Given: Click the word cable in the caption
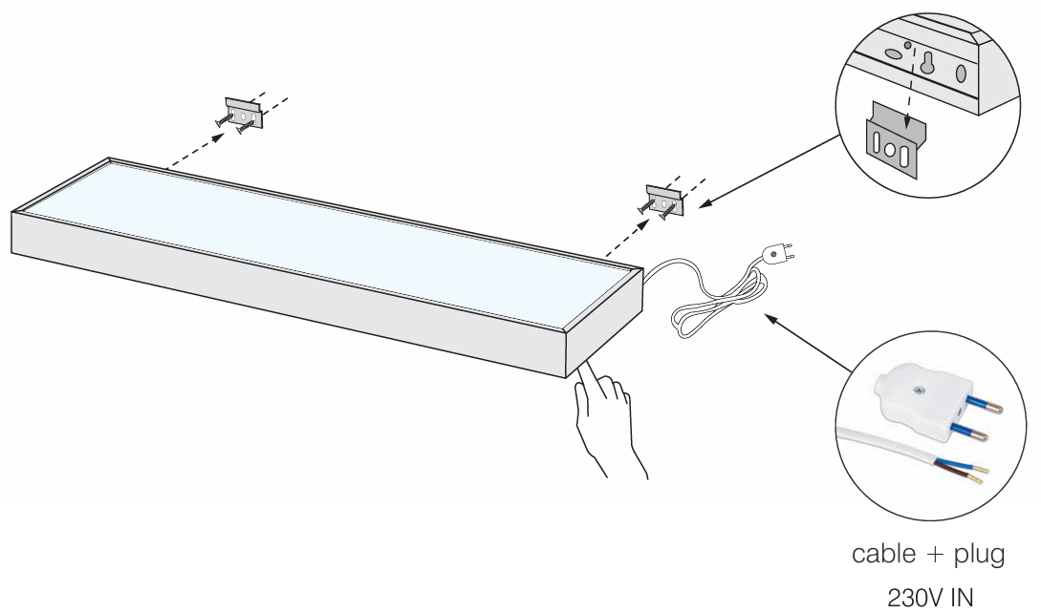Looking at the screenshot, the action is pos(883,553).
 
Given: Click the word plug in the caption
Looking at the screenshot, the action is pos(979,556).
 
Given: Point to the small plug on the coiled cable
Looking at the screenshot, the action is pos(779,253).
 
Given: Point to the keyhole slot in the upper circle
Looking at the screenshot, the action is pos(927,62).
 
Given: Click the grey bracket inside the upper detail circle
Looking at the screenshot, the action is pos(894,140).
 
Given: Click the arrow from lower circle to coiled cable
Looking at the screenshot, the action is pos(808,343).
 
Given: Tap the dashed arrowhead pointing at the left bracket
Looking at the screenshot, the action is pos(218,137).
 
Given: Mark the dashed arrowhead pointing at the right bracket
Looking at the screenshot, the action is pos(644,225).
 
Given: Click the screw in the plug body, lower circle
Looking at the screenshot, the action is pos(918,391).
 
